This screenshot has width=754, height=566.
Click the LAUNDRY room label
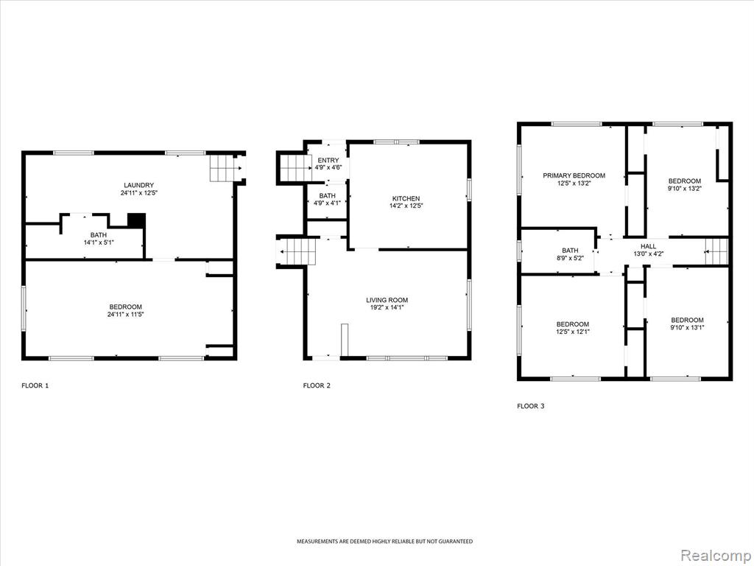pyautogui.click(x=139, y=185)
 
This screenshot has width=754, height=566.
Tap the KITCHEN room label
pyautogui.click(x=406, y=198)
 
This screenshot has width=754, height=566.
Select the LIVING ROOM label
pyautogui.click(x=387, y=300)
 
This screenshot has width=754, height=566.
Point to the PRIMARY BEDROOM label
pyautogui.click(x=574, y=175)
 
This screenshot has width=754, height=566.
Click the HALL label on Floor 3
pyautogui.click(x=648, y=246)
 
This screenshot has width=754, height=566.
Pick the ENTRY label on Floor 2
pyautogui.click(x=328, y=160)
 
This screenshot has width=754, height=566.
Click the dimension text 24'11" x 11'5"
pyautogui.click(x=126, y=314)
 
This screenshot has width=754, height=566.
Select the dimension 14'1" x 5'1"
pyautogui.click(x=99, y=242)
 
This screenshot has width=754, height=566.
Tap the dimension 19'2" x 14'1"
pyautogui.click(x=387, y=307)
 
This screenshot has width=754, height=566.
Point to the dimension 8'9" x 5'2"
pyautogui.click(x=571, y=258)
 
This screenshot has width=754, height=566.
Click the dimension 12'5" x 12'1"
pyautogui.click(x=573, y=332)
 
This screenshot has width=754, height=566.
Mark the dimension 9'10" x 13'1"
pyautogui.click(x=688, y=327)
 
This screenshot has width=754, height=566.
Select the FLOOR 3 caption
pyautogui.click(x=531, y=406)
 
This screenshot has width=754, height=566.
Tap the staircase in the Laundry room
pyautogui.click(x=225, y=168)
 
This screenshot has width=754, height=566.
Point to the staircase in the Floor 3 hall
pyautogui.click(x=716, y=251)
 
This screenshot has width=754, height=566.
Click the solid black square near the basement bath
pyautogui.click(x=136, y=220)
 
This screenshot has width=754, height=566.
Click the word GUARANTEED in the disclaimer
pyautogui.click(x=458, y=542)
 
